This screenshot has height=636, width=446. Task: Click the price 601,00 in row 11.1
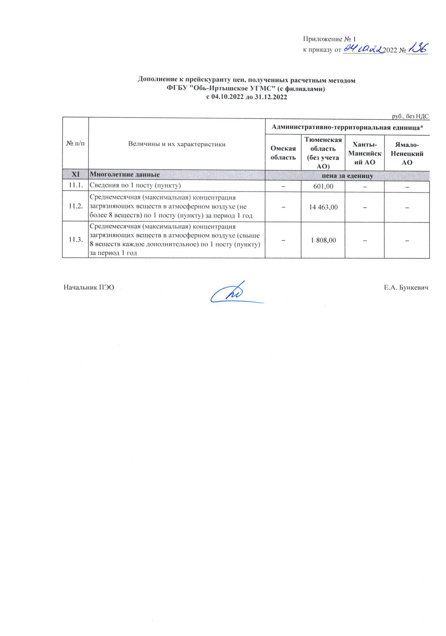tap(323, 186)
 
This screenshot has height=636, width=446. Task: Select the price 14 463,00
tap(323, 207)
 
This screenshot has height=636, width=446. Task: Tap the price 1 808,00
tap(323, 240)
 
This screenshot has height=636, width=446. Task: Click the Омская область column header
tap(283, 153)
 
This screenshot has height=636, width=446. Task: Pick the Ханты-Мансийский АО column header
tap(365, 153)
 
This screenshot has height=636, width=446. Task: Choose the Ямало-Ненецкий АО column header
tap(407, 153)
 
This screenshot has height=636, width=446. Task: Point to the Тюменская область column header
tap(323, 153)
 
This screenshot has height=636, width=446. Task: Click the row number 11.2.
tap(76, 206)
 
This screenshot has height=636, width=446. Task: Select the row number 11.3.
tap(76, 240)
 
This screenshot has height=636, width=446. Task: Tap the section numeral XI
tap(76, 174)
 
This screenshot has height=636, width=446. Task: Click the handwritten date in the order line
tap(363, 48)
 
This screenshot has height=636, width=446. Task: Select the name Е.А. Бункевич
tap(406, 287)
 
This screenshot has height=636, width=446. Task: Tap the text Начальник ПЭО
tap(89, 287)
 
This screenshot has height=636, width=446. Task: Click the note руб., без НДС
tap(410, 116)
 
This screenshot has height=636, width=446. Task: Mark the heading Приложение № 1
tap(329, 39)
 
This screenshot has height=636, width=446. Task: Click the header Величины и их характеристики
tap(177, 144)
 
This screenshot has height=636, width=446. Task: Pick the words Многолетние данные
tap(125, 174)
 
